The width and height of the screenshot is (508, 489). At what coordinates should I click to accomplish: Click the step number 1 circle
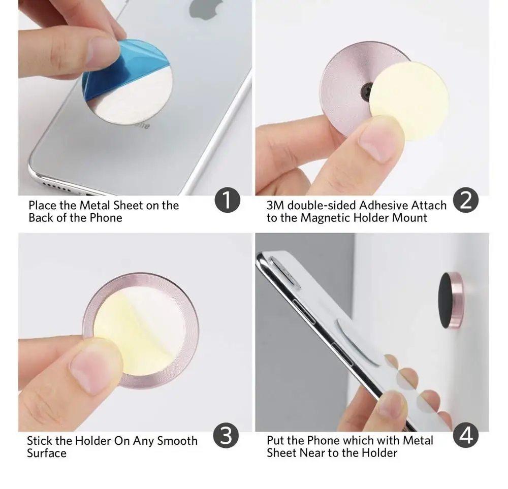228,201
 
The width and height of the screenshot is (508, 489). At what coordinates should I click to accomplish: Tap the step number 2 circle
465,201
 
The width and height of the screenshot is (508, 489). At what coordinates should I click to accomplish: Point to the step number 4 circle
465,435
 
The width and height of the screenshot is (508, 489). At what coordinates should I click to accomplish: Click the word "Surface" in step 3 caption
46,452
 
